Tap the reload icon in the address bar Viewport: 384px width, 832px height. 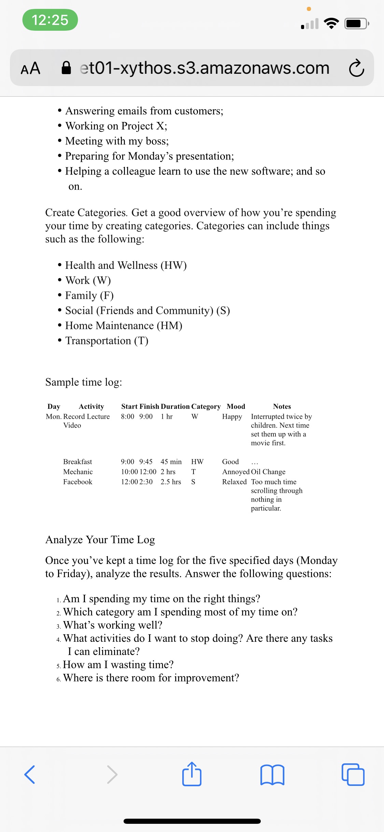click(356, 68)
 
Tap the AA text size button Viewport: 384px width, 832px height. click(30, 68)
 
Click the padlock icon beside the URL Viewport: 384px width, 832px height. click(66, 68)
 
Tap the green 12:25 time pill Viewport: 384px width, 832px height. click(50, 20)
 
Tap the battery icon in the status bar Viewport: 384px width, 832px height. click(356, 24)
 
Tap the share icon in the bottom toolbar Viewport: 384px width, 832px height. click(192, 774)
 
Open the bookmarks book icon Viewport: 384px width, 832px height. click(272, 775)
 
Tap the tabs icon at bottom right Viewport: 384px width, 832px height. click(353, 774)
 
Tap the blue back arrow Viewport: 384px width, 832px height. click(30, 774)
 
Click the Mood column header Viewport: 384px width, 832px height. click(236, 406)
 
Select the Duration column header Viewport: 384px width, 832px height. click(175, 406)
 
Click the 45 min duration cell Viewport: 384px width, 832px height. click(171, 462)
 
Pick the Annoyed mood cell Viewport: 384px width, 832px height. click(236, 472)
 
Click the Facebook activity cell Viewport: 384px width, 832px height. click(78, 482)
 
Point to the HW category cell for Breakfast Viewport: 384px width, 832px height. click(197, 462)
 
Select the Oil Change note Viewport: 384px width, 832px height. click(268, 472)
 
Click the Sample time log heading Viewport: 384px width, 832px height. click(84, 382)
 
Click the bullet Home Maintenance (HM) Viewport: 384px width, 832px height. click(124, 325)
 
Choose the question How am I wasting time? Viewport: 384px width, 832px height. click(118, 665)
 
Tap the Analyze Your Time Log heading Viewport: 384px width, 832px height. click(100, 540)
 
